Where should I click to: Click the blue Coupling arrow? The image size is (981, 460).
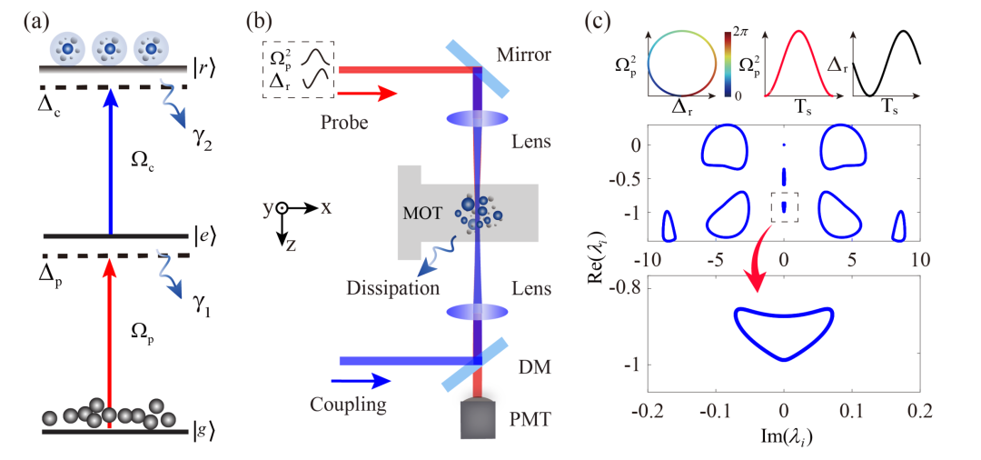click(x=361, y=380)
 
